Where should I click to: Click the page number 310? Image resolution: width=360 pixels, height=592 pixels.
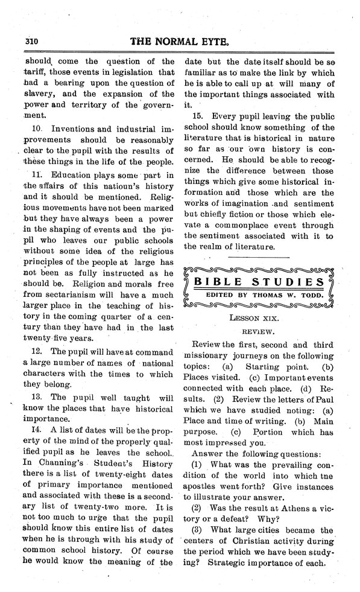point(28,43)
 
